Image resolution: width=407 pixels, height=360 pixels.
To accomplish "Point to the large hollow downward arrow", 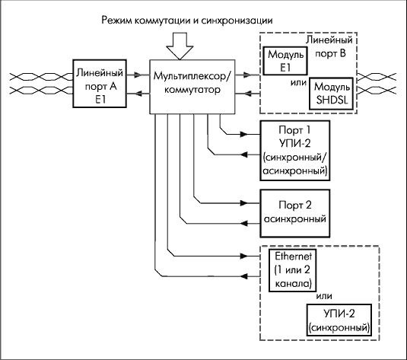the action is click(180, 46).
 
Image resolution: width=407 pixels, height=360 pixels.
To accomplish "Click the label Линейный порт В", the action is click(329, 46).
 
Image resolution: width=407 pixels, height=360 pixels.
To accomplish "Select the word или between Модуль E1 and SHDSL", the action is click(298, 83).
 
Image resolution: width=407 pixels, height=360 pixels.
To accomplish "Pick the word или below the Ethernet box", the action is click(324, 296).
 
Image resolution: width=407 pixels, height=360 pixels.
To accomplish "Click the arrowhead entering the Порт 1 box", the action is click(244, 134).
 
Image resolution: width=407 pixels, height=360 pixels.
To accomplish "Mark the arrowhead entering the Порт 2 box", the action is click(244, 203).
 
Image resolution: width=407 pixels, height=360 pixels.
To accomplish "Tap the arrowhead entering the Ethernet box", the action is click(244, 256).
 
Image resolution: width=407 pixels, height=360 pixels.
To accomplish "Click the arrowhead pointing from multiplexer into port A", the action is click(138, 94).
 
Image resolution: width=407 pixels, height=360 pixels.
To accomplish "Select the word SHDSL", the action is click(332, 100).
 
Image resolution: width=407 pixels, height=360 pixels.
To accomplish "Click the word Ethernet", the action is click(294, 256).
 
